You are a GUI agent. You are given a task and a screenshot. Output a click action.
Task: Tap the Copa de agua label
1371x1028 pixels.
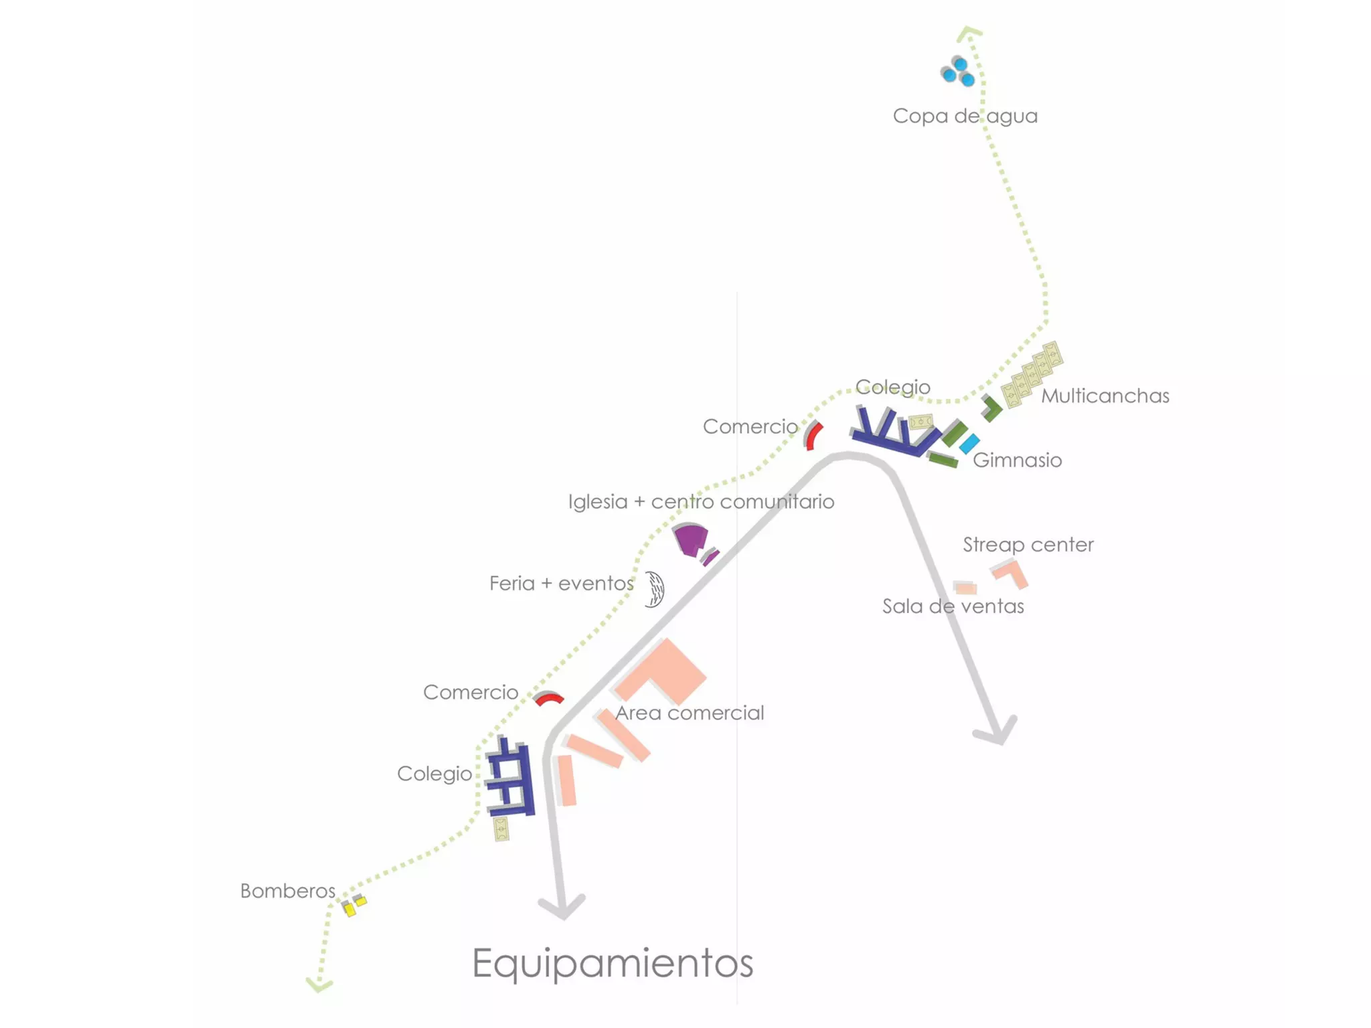965,116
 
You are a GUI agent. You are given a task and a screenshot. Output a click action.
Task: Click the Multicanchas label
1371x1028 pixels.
1105,396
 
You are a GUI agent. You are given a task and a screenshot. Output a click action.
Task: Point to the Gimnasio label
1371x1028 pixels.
1017,460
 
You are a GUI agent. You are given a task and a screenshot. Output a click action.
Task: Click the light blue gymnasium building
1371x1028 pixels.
969,443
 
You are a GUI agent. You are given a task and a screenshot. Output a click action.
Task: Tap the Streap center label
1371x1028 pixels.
1028,545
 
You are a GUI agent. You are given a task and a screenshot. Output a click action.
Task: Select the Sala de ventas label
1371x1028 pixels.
953,606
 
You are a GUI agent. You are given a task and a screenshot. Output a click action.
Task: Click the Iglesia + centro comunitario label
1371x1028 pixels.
701,502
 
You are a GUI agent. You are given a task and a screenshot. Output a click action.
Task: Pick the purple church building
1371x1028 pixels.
691,539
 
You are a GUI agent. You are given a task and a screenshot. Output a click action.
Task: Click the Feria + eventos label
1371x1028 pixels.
561,584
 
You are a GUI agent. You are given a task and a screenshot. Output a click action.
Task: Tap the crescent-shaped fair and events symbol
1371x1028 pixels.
655,589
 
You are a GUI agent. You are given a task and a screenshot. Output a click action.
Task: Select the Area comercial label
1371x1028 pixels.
690,713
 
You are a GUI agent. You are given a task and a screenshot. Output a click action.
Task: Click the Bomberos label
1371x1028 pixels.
287,891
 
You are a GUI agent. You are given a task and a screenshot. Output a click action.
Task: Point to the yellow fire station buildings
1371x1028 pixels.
353,906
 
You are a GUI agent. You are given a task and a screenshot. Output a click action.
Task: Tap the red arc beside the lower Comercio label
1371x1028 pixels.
549,699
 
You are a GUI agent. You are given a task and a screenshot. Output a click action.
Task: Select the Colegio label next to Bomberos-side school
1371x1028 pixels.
434,774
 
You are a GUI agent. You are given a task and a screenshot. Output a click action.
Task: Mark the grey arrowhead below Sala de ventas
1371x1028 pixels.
996,732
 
